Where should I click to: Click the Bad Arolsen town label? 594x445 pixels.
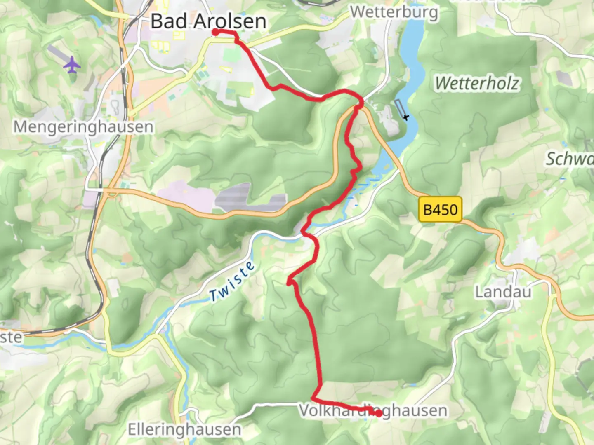pos(208,21)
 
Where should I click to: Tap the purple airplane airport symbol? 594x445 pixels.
pos(72,65)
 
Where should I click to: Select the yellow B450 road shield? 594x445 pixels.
pos(440,210)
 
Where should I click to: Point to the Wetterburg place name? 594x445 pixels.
pos(394,12)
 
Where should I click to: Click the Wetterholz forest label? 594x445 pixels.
pos(477,84)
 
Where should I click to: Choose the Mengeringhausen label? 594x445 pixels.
pos(83,126)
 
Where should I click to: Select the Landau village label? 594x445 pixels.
pos(503,292)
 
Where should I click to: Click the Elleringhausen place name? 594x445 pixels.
pos(184,430)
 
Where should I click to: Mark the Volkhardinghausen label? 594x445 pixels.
pos(373,410)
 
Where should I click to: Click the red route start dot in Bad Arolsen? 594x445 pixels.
pos(215,32)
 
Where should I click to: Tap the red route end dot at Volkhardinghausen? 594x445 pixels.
pos(378,413)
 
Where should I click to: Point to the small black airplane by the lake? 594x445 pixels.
pos(406,117)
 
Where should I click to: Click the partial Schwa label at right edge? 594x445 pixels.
pos(569,159)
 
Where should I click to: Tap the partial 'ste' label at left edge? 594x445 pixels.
pos(11,337)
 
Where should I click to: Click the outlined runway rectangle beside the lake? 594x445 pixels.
pos(399,108)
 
